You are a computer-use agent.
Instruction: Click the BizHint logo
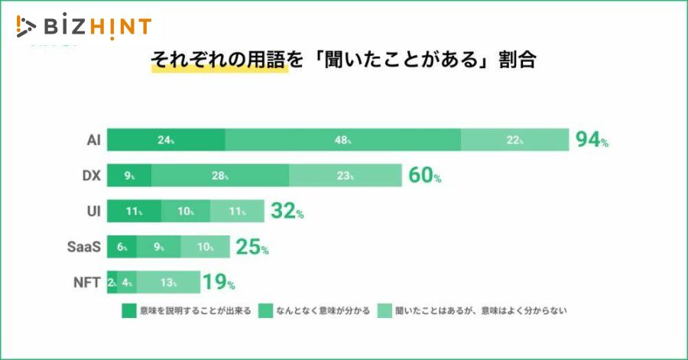pyautogui.click(x=83, y=27)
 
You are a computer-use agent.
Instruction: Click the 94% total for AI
pyautogui.click(x=592, y=141)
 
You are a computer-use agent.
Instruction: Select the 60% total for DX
pyautogui.click(x=424, y=176)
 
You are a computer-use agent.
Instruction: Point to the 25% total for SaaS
pyautogui.click(x=252, y=247)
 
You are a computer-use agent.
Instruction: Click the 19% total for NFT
pyautogui.click(x=218, y=282)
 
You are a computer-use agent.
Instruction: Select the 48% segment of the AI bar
pyautogui.click(x=342, y=141)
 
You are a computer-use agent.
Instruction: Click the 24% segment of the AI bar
pyautogui.click(x=166, y=141)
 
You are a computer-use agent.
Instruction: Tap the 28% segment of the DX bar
pyautogui.click(x=219, y=176)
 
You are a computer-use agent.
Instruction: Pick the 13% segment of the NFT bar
pyautogui.click(x=167, y=282)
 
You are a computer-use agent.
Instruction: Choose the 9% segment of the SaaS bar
pyautogui.click(x=159, y=247)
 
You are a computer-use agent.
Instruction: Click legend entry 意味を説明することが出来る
pyautogui.click(x=187, y=311)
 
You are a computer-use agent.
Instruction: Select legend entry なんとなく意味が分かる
pyautogui.click(x=314, y=311)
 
